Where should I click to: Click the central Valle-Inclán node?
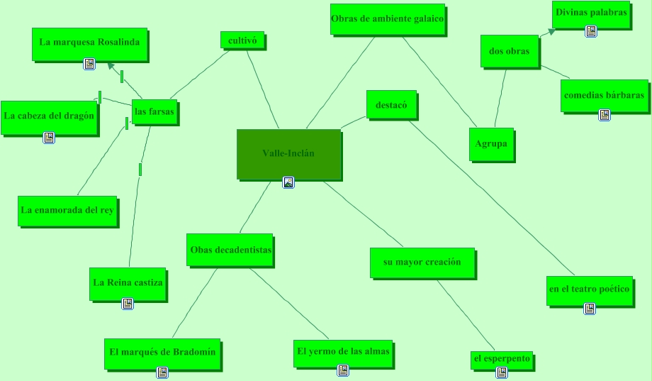[x=288, y=153]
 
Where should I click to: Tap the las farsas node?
[x=154, y=112]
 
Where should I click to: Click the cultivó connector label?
[x=242, y=40]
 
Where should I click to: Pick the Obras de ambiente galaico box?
[x=388, y=19]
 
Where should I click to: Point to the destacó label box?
[x=391, y=104]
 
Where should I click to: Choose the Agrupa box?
[x=491, y=144]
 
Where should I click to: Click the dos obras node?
[x=510, y=51]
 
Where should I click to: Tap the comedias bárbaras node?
[x=604, y=95]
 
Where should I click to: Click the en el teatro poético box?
[x=588, y=289]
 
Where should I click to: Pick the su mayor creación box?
[x=422, y=263]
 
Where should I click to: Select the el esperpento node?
[x=502, y=359]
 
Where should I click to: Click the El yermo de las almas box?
[x=343, y=352]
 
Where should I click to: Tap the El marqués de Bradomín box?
[x=162, y=353]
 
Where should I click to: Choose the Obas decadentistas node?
[x=230, y=250]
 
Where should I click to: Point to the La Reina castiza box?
[x=128, y=283]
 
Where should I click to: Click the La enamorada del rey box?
[x=67, y=211]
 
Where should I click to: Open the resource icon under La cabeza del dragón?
[x=49, y=138]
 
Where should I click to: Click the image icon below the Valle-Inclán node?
[x=288, y=182]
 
